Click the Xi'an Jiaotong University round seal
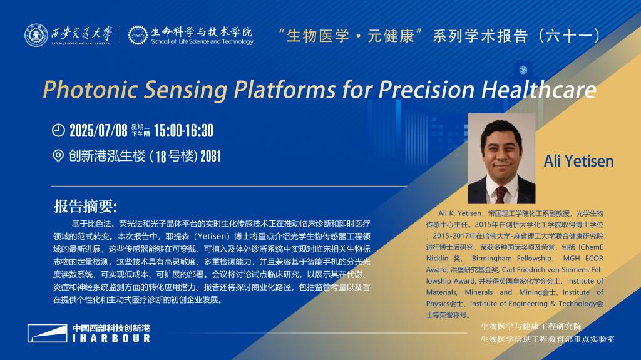36,35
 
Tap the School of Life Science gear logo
138,35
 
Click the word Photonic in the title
90,90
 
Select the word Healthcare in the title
539,89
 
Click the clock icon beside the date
58,130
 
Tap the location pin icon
58,156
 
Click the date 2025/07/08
98,130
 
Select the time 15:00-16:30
183,130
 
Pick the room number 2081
210,156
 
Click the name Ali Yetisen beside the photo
578,161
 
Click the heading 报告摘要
85,206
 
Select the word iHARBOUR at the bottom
111,338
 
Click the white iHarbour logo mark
48,333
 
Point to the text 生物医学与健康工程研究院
531,326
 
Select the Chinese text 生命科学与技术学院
202,31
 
